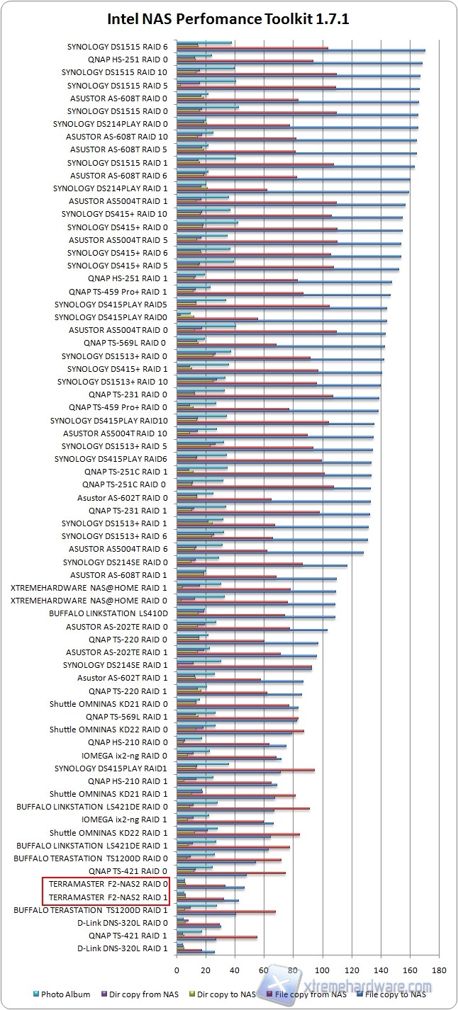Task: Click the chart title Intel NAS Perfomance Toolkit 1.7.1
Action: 228,19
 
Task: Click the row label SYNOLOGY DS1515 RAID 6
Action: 118,47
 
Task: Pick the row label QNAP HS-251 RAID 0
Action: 128,59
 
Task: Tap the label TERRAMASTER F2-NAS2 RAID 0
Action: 108,884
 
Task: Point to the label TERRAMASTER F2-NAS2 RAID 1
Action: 108,897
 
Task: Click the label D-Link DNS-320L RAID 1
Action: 122,948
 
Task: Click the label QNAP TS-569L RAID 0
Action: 125,343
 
